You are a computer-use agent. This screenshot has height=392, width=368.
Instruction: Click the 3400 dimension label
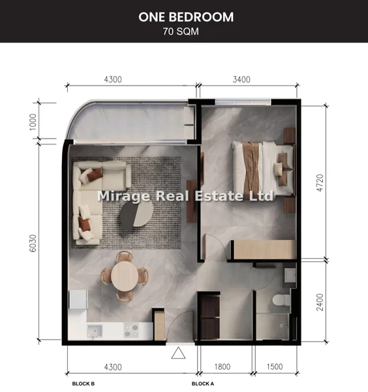coord(241,80)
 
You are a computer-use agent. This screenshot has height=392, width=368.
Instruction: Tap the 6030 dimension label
coord(33,243)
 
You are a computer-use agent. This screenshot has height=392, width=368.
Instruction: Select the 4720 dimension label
coord(320,183)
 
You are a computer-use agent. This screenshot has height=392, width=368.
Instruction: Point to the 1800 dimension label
coord(222,367)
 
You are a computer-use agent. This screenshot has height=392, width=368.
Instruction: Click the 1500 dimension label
coord(275,367)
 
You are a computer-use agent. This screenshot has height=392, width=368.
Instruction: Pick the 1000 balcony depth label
coord(33,122)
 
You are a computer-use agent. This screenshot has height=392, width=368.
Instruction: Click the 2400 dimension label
coord(320,302)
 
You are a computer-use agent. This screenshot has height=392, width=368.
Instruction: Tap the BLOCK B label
coord(83,384)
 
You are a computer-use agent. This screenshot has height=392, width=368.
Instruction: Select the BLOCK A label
coord(203,384)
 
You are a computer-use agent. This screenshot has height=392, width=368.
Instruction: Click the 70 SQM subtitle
coord(181,31)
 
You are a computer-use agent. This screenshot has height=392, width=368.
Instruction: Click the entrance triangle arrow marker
coord(178,353)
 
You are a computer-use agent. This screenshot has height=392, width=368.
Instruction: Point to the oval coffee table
coord(136,215)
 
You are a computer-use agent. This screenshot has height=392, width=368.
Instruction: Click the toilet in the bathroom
coord(281,300)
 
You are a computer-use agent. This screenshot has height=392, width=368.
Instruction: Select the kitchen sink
coord(95,331)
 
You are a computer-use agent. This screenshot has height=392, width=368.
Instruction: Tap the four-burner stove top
coord(131,331)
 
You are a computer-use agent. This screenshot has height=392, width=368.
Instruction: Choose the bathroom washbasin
coord(290,275)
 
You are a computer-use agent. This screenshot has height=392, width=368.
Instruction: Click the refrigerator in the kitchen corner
coord(78,299)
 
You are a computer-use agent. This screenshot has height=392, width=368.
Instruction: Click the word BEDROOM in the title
coord(201,17)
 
